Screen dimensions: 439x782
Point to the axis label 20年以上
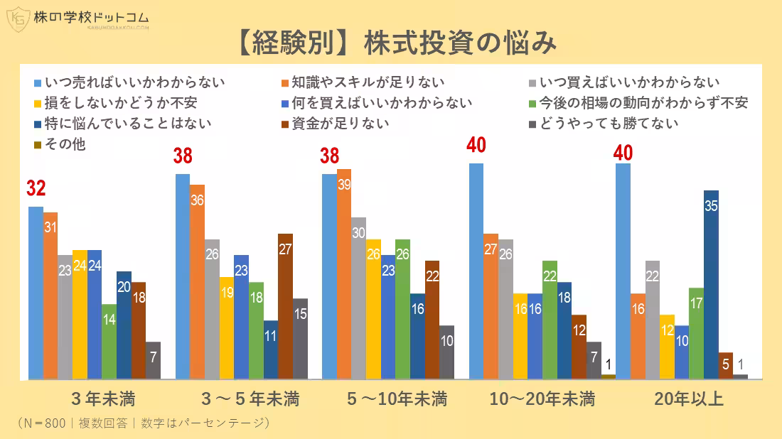(x=688, y=399)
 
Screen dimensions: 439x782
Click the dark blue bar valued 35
(x=711, y=284)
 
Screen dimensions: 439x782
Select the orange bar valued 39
(x=344, y=273)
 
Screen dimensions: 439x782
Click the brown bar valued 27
(x=285, y=305)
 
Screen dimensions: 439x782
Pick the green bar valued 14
(x=109, y=341)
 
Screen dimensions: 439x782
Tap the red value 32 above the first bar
(x=36, y=189)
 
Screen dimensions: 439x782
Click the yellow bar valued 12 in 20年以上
(x=667, y=346)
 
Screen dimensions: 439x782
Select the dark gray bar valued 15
(x=300, y=338)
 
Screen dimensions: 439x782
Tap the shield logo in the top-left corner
(x=17, y=20)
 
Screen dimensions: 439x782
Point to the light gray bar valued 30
(x=359, y=298)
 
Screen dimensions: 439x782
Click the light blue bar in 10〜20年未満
(x=476, y=271)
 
